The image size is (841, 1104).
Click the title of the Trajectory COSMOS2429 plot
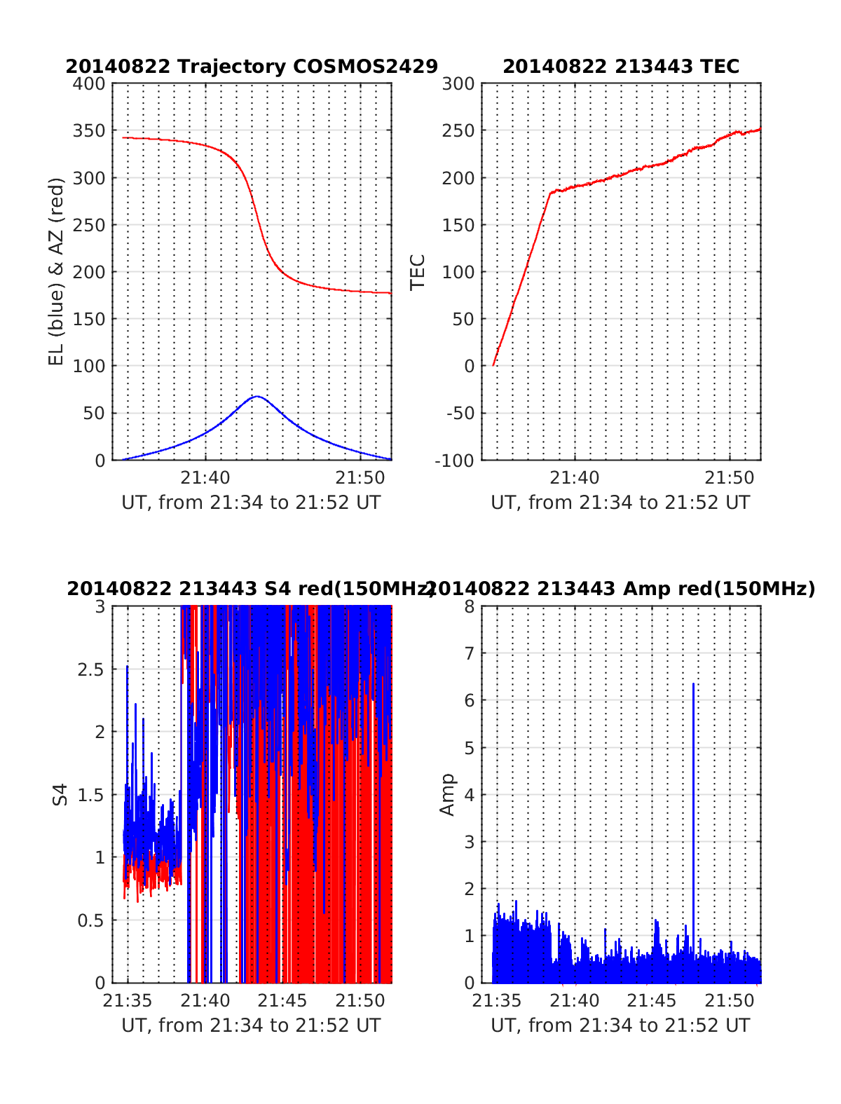tap(252, 67)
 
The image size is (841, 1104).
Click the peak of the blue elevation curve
tap(257, 397)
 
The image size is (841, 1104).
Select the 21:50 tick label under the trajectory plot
tap(360, 478)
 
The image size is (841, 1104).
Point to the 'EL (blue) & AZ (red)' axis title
tap(56, 271)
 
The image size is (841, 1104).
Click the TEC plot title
tap(621, 67)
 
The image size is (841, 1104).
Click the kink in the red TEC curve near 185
tap(550, 191)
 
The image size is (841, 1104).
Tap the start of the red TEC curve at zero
tap(493, 365)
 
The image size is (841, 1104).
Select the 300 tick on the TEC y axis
tap(458, 84)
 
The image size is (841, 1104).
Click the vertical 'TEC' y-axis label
tap(418, 272)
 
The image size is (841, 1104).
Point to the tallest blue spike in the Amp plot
tap(693, 683)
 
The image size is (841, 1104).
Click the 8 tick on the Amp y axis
tap(470, 606)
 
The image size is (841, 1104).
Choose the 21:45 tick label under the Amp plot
tap(652, 1000)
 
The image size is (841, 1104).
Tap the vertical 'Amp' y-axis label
tap(447, 795)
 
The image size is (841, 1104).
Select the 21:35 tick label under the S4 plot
tap(128, 1000)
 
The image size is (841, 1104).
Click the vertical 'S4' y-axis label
tap(61, 794)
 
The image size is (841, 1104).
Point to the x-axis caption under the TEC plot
tap(620, 503)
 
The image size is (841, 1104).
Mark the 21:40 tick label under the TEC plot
tap(575, 478)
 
